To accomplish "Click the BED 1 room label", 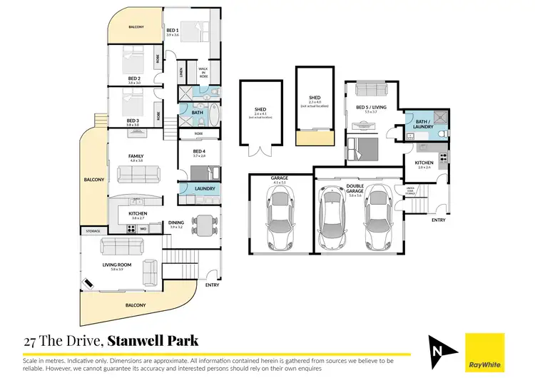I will (x=172, y=31).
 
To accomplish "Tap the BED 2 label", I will (x=134, y=78).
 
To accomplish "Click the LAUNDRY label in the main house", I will (x=205, y=188).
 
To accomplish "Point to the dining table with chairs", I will (x=205, y=226).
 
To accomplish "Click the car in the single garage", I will (x=280, y=216).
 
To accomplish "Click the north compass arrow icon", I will (x=440, y=352).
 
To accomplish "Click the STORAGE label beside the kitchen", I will (x=93, y=231).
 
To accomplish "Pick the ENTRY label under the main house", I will (x=212, y=285).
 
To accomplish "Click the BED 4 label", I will (x=199, y=151).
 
